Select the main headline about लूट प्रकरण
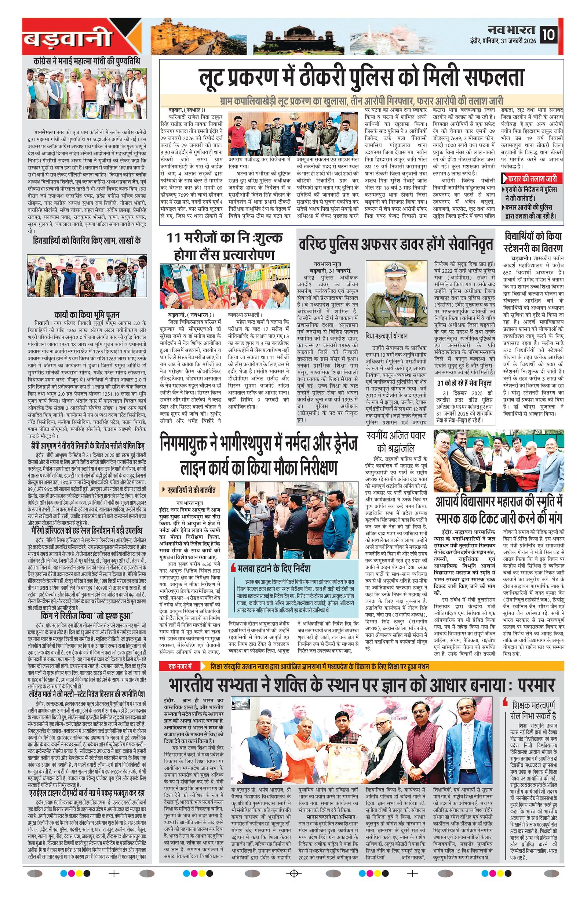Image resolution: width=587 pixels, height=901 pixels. (x=362, y=79)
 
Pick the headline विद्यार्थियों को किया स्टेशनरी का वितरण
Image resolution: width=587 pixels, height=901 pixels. (x=533, y=242)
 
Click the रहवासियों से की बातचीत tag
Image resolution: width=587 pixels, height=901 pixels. (x=189, y=491)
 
